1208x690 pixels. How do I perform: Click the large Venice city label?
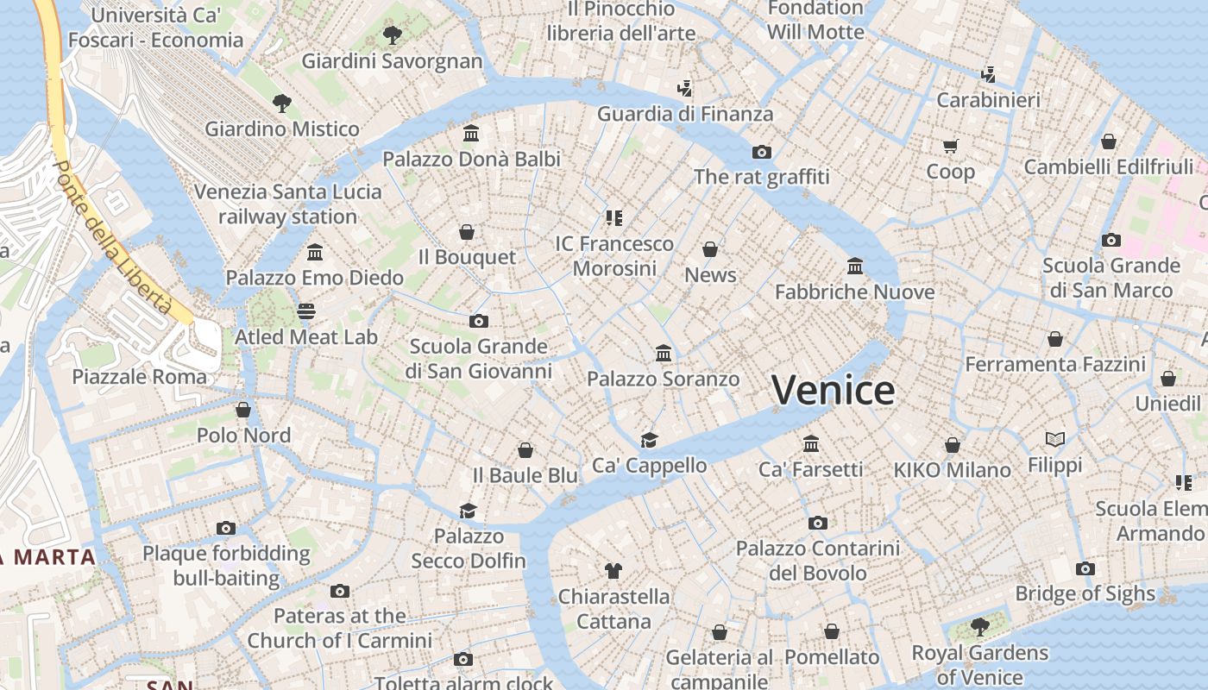coord(833,391)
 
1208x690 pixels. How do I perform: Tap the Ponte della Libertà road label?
coord(112,237)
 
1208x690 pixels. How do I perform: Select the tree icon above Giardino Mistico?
coord(281,104)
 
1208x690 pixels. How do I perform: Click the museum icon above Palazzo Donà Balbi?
coord(471,134)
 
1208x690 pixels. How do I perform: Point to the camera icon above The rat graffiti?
coord(761,152)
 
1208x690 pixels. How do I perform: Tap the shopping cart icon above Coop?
coord(950,146)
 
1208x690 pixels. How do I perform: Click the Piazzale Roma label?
coord(140,377)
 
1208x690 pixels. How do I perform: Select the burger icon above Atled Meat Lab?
coord(306,311)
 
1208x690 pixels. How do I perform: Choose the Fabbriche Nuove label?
coord(854,292)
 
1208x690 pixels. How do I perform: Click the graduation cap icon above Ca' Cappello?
coord(649,440)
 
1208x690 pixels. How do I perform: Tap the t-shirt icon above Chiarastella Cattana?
coord(613,570)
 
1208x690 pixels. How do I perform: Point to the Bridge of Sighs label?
coord(1085,593)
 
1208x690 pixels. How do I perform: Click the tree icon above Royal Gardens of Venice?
coord(979,626)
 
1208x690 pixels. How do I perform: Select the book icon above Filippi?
coord(1054,440)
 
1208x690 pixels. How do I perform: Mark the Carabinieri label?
coord(988,100)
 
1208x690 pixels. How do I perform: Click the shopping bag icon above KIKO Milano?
coord(953,445)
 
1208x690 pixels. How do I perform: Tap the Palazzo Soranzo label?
coord(663,379)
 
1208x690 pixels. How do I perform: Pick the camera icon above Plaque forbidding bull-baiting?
coord(226,528)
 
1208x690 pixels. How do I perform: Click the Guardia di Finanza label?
coord(685,114)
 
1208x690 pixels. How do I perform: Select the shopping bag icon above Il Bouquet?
coord(467,232)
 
